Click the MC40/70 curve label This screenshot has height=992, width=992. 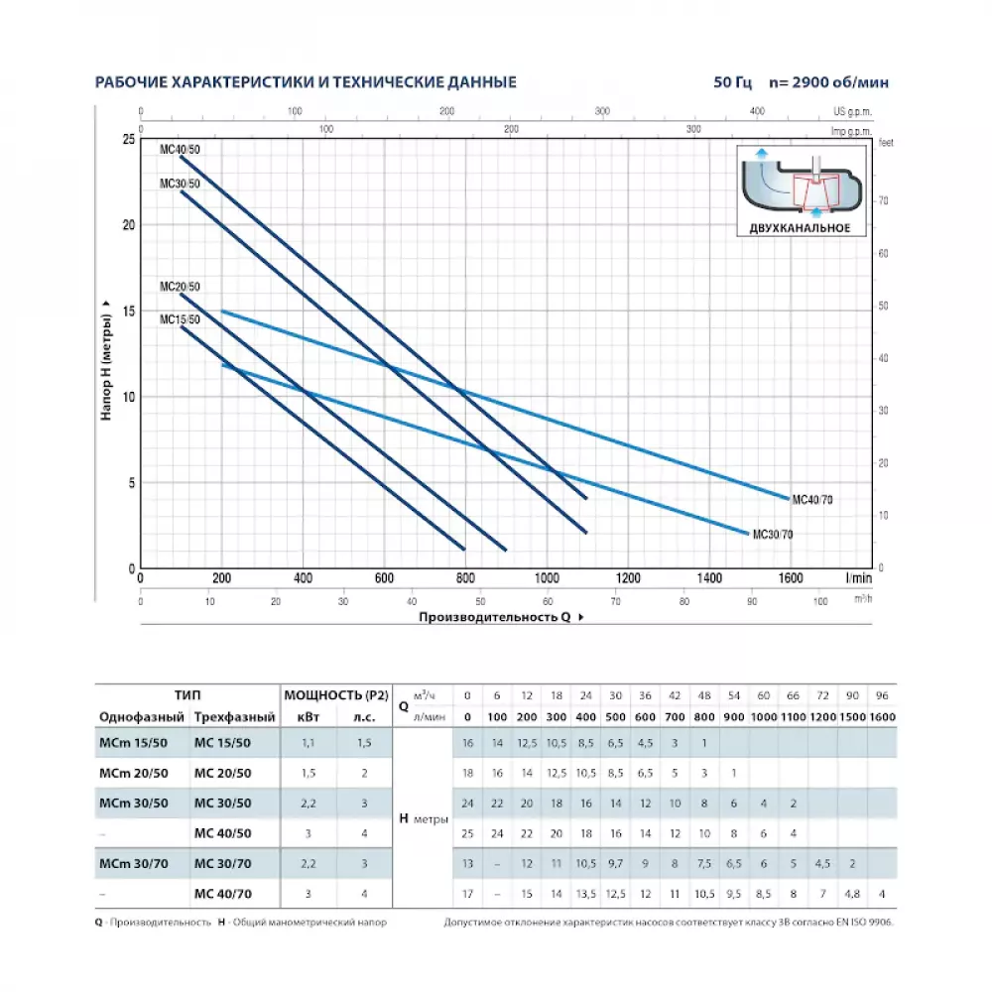812,500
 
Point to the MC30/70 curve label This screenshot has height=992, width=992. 773,535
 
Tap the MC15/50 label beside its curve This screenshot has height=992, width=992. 180,319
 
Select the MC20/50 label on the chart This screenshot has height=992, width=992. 180,287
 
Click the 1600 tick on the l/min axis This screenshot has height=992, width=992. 790,578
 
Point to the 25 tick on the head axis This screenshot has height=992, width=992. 128,139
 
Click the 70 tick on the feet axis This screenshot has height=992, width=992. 882,201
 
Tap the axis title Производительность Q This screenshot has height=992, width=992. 495,617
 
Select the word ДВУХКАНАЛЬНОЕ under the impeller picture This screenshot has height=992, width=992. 799,229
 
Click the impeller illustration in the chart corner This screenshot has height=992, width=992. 800,183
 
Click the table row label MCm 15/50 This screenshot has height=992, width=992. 133,743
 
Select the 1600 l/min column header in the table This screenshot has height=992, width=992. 882,716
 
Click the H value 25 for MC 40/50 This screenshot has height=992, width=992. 467,833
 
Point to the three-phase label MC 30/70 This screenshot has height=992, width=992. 223,864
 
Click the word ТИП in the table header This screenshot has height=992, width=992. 186,695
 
